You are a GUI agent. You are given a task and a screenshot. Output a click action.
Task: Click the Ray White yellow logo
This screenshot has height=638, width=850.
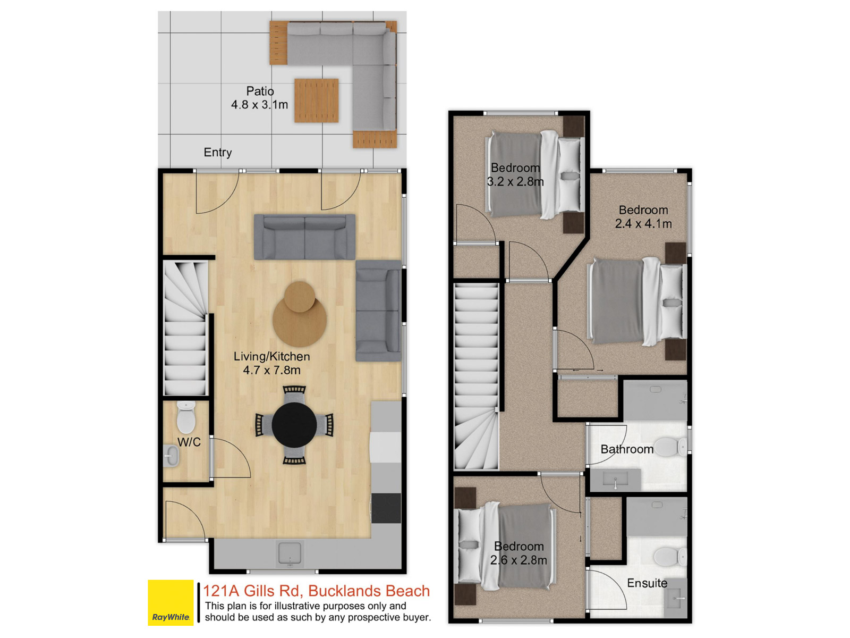(x=171, y=602)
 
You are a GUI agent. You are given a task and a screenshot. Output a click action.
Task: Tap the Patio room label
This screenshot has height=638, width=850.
(x=260, y=91)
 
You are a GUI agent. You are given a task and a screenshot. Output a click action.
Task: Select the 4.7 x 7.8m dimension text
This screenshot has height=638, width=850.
(x=271, y=370)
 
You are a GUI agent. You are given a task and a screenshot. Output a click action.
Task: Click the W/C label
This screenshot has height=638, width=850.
(x=189, y=442)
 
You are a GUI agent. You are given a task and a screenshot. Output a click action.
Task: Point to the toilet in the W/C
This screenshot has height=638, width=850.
(x=186, y=417)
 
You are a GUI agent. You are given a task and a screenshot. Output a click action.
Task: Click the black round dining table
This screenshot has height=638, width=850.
(x=294, y=425)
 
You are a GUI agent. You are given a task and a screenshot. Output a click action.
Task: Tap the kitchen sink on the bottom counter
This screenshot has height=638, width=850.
(x=290, y=553)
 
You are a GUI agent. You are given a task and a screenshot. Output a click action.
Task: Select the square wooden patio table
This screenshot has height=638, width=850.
(x=317, y=100)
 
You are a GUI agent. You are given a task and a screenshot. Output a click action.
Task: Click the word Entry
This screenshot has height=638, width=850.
(x=218, y=152)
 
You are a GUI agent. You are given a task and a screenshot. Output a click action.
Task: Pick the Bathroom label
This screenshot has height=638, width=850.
(x=627, y=449)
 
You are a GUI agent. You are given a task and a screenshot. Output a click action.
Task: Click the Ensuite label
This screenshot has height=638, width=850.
(x=647, y=583)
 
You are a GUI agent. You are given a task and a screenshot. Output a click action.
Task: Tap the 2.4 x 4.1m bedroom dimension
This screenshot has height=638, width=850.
(x=643, y=223)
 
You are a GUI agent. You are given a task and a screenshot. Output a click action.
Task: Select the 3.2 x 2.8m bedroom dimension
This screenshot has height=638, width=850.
(x=515, y=181)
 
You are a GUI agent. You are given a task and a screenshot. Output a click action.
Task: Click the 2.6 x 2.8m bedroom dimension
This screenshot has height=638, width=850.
(x=518, y=560)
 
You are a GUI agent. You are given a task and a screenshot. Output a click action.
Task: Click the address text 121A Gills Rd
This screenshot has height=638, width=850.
(x=251, y=591)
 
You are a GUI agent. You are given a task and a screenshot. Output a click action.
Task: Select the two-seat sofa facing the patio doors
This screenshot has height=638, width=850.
(x=304, y=237)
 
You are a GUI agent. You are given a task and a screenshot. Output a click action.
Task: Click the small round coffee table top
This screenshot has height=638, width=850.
(x=299, y=297)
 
